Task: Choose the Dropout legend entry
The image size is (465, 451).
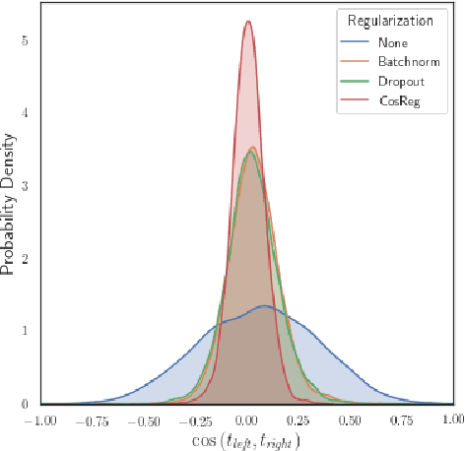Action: (x=400, y=83)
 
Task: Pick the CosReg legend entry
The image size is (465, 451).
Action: (x=398, y=101)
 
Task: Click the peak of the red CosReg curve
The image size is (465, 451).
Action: (x=248, y=22)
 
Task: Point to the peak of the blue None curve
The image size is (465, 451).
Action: (x=264, y=306)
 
